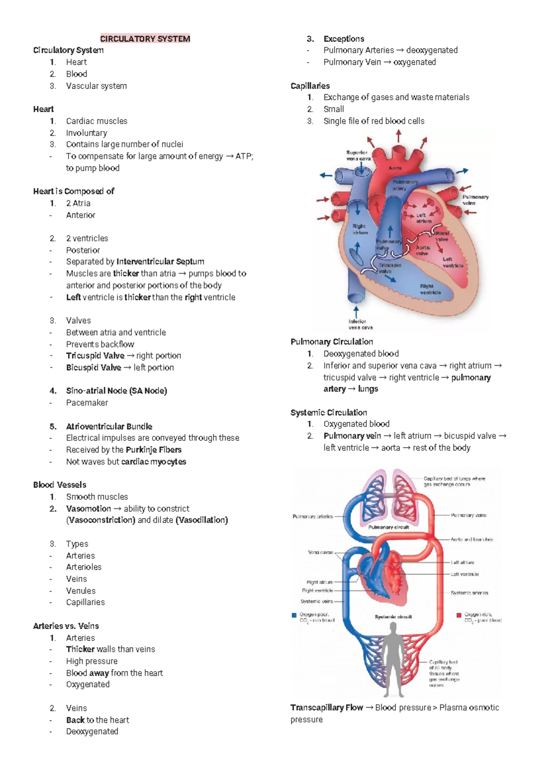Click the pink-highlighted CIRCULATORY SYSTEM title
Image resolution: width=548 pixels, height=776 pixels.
[x=145, y=39]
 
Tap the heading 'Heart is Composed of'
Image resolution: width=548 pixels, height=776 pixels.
[x=74, y=191]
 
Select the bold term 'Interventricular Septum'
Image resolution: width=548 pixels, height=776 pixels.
[x=160, y=262]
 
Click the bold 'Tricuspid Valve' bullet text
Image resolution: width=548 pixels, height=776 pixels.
[x=95, y=356]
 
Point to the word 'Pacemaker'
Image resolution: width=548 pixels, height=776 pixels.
[x=87, y=403]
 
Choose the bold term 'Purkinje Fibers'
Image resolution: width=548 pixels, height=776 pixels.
[x=153, y=450]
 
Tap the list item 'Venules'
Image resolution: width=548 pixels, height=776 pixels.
[x=81, y=591]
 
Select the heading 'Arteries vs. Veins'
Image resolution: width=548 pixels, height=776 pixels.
[x=66, y=626]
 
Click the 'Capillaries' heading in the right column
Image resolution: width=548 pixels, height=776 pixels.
[x=310, y=86]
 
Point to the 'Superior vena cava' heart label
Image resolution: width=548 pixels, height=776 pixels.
[x=358, y=155]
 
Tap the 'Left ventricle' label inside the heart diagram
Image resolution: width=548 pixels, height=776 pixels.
[x=453, y=262]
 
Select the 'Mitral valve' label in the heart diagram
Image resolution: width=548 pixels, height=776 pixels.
[x=442, y=236]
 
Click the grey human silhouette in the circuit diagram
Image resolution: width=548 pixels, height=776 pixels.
[x=393, y=658]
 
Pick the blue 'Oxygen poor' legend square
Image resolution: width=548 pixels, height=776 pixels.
[x=294, y=615]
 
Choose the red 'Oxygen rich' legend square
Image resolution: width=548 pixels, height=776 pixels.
[x=459, y=615]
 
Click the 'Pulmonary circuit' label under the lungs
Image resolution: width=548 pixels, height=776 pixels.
[x=388, y=527]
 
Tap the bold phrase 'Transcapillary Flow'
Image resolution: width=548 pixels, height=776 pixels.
[x=327, y=708]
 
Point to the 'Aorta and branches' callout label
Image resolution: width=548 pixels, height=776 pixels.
[x=472, y=540]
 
